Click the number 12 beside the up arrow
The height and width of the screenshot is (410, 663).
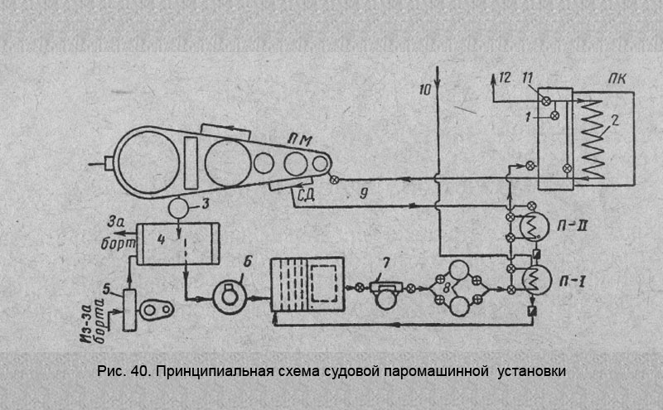click(x=505, y=79)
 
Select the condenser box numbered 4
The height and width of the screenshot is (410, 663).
click(x=175, y=241)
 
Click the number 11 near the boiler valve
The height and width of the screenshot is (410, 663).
click(x=526, y=79)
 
